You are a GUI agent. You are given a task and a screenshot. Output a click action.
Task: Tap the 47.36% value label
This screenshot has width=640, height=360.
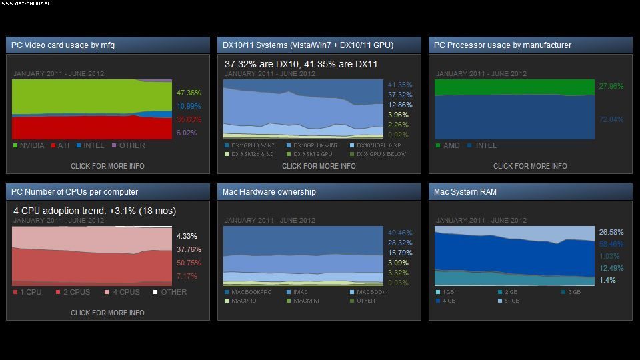189,93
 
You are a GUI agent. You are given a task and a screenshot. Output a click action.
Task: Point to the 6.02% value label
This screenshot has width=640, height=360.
187,133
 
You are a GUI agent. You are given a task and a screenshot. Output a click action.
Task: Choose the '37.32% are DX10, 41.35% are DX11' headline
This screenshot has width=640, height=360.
301,64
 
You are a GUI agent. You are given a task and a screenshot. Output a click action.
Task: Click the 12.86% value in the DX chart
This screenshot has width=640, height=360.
399,105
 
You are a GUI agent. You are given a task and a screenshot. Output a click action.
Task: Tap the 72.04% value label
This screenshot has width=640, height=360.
611,119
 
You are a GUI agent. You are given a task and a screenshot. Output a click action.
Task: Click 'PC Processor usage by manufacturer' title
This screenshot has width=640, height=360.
503,45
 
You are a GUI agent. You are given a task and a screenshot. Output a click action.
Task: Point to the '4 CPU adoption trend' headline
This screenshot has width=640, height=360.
95,211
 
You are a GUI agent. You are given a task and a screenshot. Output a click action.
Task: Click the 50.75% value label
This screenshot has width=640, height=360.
189,263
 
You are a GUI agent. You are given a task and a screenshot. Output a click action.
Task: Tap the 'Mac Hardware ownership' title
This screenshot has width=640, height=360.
269,192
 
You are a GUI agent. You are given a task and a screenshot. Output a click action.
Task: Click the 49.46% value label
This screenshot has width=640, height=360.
400,233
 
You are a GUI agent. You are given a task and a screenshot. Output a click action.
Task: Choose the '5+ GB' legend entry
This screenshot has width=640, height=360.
513,301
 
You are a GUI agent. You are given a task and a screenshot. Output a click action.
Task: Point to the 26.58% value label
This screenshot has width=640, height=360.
611,232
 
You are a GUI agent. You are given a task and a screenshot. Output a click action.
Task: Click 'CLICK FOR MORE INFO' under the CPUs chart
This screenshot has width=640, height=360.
107,313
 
